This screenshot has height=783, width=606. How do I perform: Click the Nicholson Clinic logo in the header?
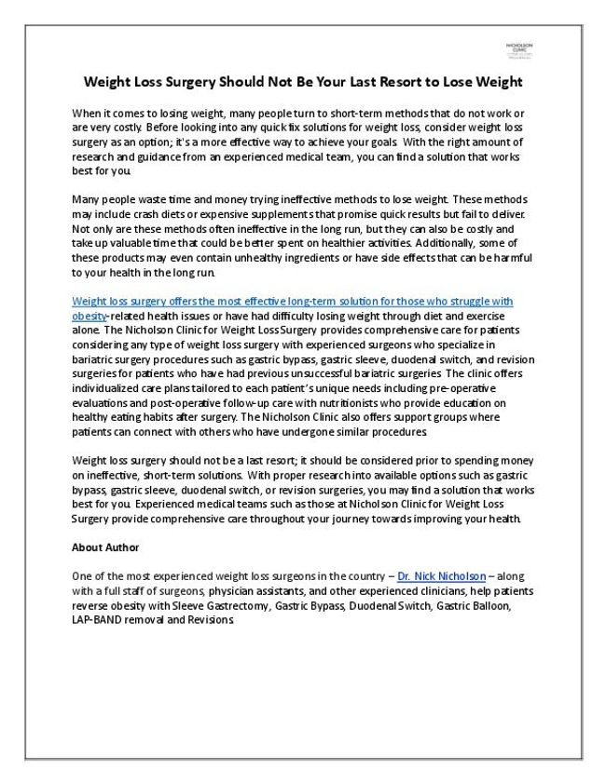pos(518,51)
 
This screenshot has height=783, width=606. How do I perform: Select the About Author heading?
pos(105,547)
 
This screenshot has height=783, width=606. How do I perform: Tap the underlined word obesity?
pos(89,317)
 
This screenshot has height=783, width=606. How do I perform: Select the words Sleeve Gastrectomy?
pos(224,606)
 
